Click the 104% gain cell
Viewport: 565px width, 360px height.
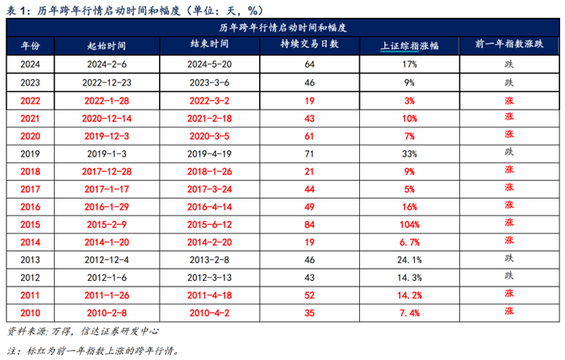click(409, 223)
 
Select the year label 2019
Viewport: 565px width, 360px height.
click(29, 152)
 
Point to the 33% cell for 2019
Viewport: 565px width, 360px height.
click(409, 152)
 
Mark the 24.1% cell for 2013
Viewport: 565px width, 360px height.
click(409, 258)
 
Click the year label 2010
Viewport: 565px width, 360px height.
click(29, 311)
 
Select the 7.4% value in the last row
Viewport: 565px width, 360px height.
click(409, 311)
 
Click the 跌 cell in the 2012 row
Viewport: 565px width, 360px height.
click(508, 276)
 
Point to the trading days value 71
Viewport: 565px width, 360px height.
click(309, 152)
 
